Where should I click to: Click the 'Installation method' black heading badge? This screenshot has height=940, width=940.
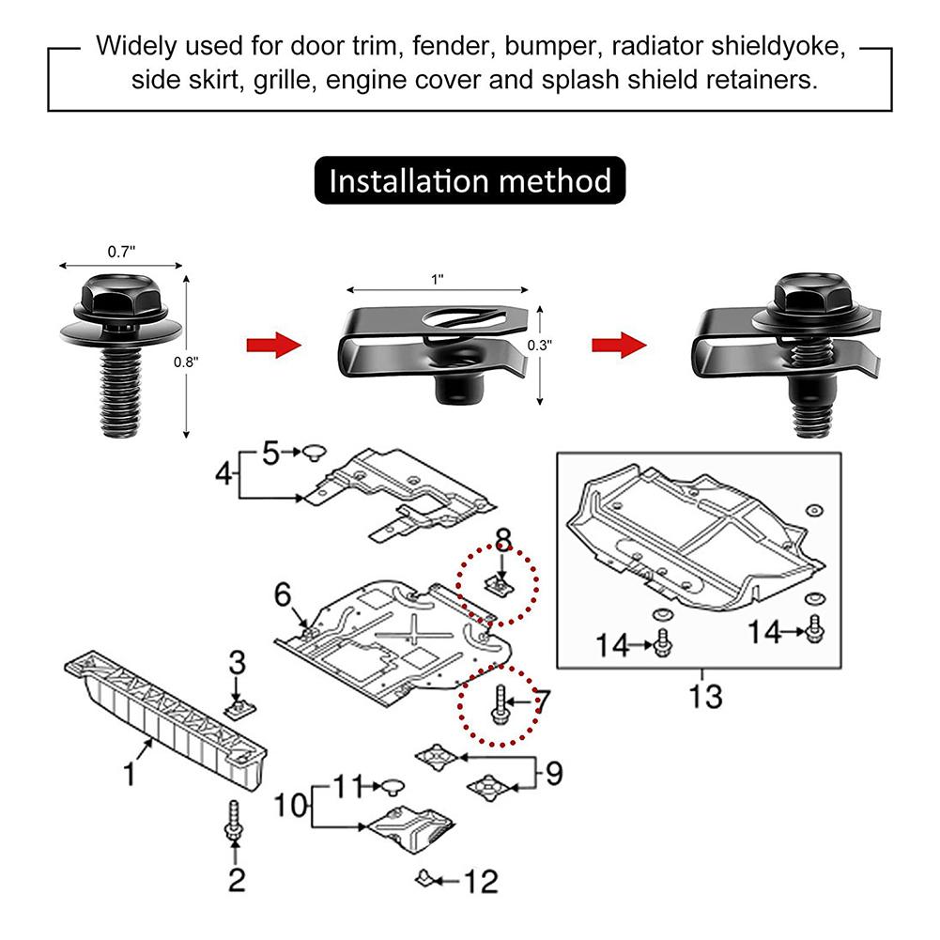(470, 180)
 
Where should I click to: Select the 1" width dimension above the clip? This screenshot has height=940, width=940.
(436, 279)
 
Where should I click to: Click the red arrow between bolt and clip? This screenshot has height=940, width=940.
(273, 345)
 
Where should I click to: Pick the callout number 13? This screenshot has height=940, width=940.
(704, 696)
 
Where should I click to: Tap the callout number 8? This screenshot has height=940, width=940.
(503, 539)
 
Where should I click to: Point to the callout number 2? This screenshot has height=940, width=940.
(236, 880)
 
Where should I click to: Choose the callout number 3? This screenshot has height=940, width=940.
(238, 661)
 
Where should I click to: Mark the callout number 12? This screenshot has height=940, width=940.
(480, 882)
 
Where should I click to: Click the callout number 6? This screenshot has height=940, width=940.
(284, 594)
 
